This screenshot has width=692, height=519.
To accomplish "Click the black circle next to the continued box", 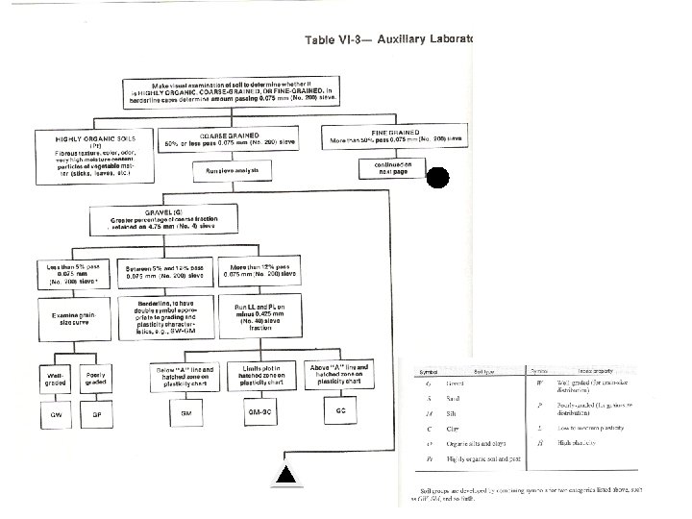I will pyautogui.click(x=437, y=179).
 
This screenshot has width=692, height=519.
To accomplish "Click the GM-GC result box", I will pyautogui.click(x=251, y=409).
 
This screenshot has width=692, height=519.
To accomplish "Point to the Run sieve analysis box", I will pyautogui.click(x=233, y=170).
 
